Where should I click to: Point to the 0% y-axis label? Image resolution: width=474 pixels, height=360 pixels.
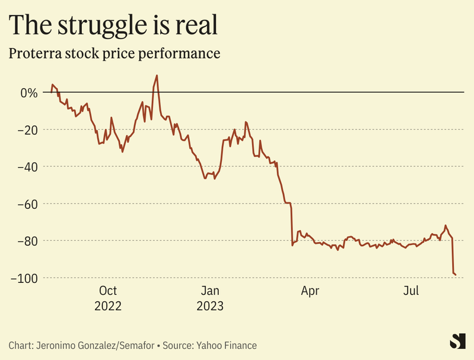[x=28, y=93]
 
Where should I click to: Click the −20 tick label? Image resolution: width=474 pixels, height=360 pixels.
[x=27, y=130]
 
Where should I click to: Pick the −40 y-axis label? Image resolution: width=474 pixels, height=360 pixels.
[x=27, y=167]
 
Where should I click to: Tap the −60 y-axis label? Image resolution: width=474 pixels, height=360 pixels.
[x=27, y=203]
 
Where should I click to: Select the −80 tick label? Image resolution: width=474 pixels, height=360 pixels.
[x=27, y=241]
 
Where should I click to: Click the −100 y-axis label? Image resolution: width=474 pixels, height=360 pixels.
[x=24, y=278]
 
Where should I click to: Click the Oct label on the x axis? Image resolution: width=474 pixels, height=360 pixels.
[x=108, y=291]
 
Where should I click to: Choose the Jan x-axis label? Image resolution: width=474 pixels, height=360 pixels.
[x=211, y=291]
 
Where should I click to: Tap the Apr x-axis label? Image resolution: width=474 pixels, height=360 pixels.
[x=310, y=291]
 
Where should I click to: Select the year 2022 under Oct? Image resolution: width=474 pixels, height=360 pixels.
[x=108, y=306]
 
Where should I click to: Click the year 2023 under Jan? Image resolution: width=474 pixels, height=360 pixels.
[x=211, y=306]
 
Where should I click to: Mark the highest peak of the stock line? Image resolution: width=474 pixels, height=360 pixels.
[x=157, y=75]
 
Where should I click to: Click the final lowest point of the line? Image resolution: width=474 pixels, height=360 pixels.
[x=455, y=275]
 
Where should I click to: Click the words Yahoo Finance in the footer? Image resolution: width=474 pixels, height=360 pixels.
[x=227, y=345]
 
